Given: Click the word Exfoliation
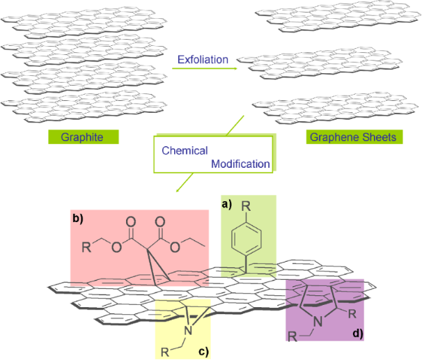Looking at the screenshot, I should point(203,60).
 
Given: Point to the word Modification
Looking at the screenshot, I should point(240,164).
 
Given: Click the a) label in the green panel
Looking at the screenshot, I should point(226,204).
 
